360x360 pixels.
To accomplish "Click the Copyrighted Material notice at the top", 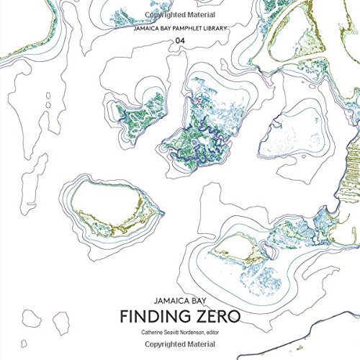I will (x=179, y=14).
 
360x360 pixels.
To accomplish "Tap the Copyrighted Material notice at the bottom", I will (x=179, y=348).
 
